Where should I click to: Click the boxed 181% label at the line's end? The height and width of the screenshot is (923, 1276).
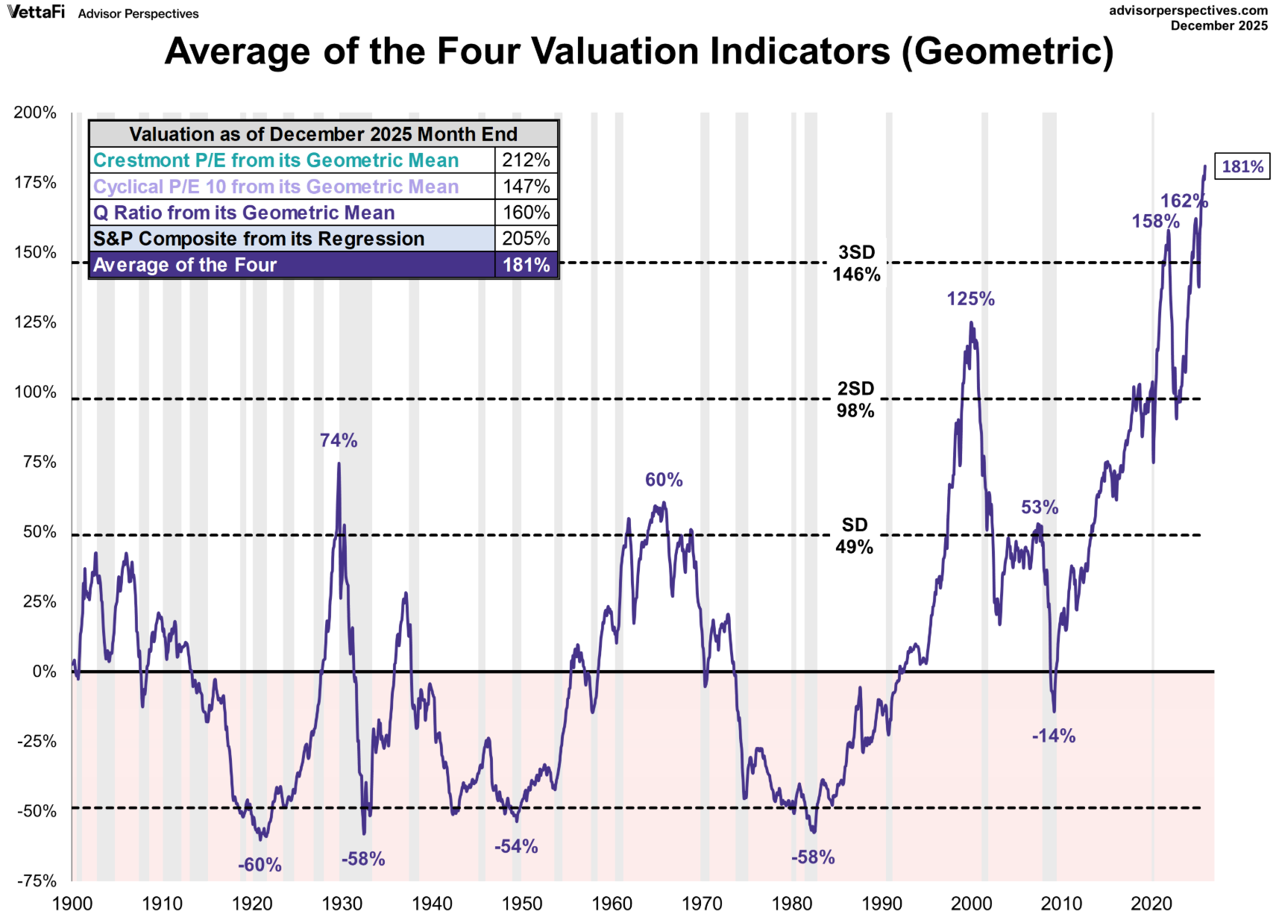tap(1242, 166)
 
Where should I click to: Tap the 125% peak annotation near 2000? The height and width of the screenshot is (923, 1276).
tap(970, 299)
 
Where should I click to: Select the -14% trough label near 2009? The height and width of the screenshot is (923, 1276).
tap(1053, 736)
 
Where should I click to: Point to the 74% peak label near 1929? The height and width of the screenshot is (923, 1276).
tap(339, 441)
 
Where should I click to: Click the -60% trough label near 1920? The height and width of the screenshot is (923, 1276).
tap(260, 865)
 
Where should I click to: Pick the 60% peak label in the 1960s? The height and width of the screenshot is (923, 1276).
tap(664, 480)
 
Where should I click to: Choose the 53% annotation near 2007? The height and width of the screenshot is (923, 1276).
tap(1040, 507)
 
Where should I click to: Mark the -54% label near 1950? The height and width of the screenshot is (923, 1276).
tap(516, 847)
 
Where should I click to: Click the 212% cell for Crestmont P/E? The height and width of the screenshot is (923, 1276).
tap(526, 160)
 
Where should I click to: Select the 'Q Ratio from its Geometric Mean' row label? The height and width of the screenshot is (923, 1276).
tap(244, 213)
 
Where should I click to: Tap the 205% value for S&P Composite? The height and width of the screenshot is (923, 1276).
tap(526, 239)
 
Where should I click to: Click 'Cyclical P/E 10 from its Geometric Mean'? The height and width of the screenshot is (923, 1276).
tap(276, 187)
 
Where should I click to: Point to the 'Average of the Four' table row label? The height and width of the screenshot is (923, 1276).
tap(185, 265)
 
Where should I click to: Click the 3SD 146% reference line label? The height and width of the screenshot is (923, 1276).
tap(856, 263)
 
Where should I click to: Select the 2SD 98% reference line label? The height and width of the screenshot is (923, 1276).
tap(855, 400)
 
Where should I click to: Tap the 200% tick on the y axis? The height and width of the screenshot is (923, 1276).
tap(35, 113)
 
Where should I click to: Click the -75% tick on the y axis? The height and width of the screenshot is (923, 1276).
tap(37, 881)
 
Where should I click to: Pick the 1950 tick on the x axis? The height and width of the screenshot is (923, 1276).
tap(522, 904)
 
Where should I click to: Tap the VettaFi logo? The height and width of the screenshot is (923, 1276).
tap(36, 12)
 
